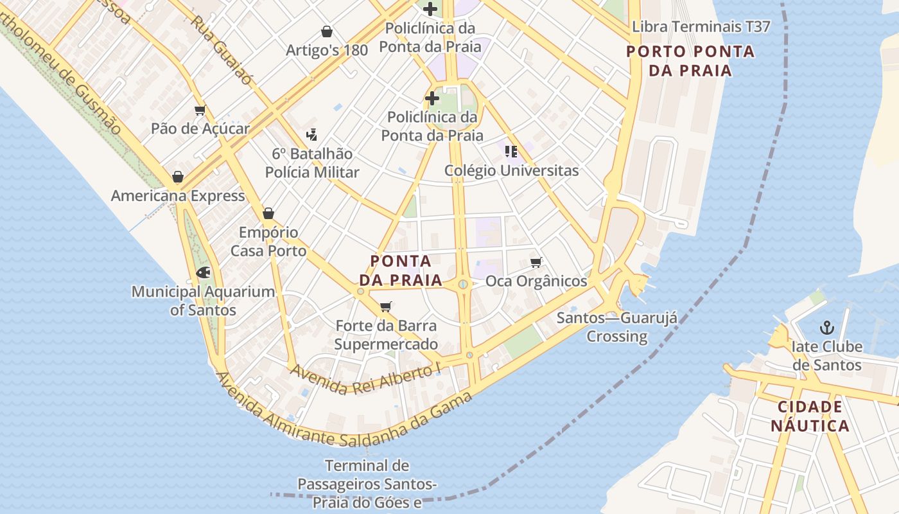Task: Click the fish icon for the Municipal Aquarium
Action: (203, 272)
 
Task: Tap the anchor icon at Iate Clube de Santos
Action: (826, 328)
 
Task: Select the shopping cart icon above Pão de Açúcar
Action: (200, 110)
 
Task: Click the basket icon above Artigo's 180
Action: (327, 31)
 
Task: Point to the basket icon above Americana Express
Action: (178, 177)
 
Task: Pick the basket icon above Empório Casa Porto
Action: (268, 213)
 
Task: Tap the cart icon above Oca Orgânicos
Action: (536, 262)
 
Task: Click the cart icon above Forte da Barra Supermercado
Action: (386, 306)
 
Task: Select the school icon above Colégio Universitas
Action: (511, 152)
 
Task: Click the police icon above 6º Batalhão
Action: (312, 135)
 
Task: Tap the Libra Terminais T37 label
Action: (701, 27)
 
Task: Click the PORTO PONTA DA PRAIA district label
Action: (690, 61)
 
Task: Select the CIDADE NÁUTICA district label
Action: (810, 416)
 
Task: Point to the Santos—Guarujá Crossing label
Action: (616, 327)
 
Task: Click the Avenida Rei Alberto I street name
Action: (367, 378)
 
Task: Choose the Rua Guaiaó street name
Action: (222, 49)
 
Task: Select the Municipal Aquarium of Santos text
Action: (203, 301)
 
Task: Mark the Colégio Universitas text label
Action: (511, 171)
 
